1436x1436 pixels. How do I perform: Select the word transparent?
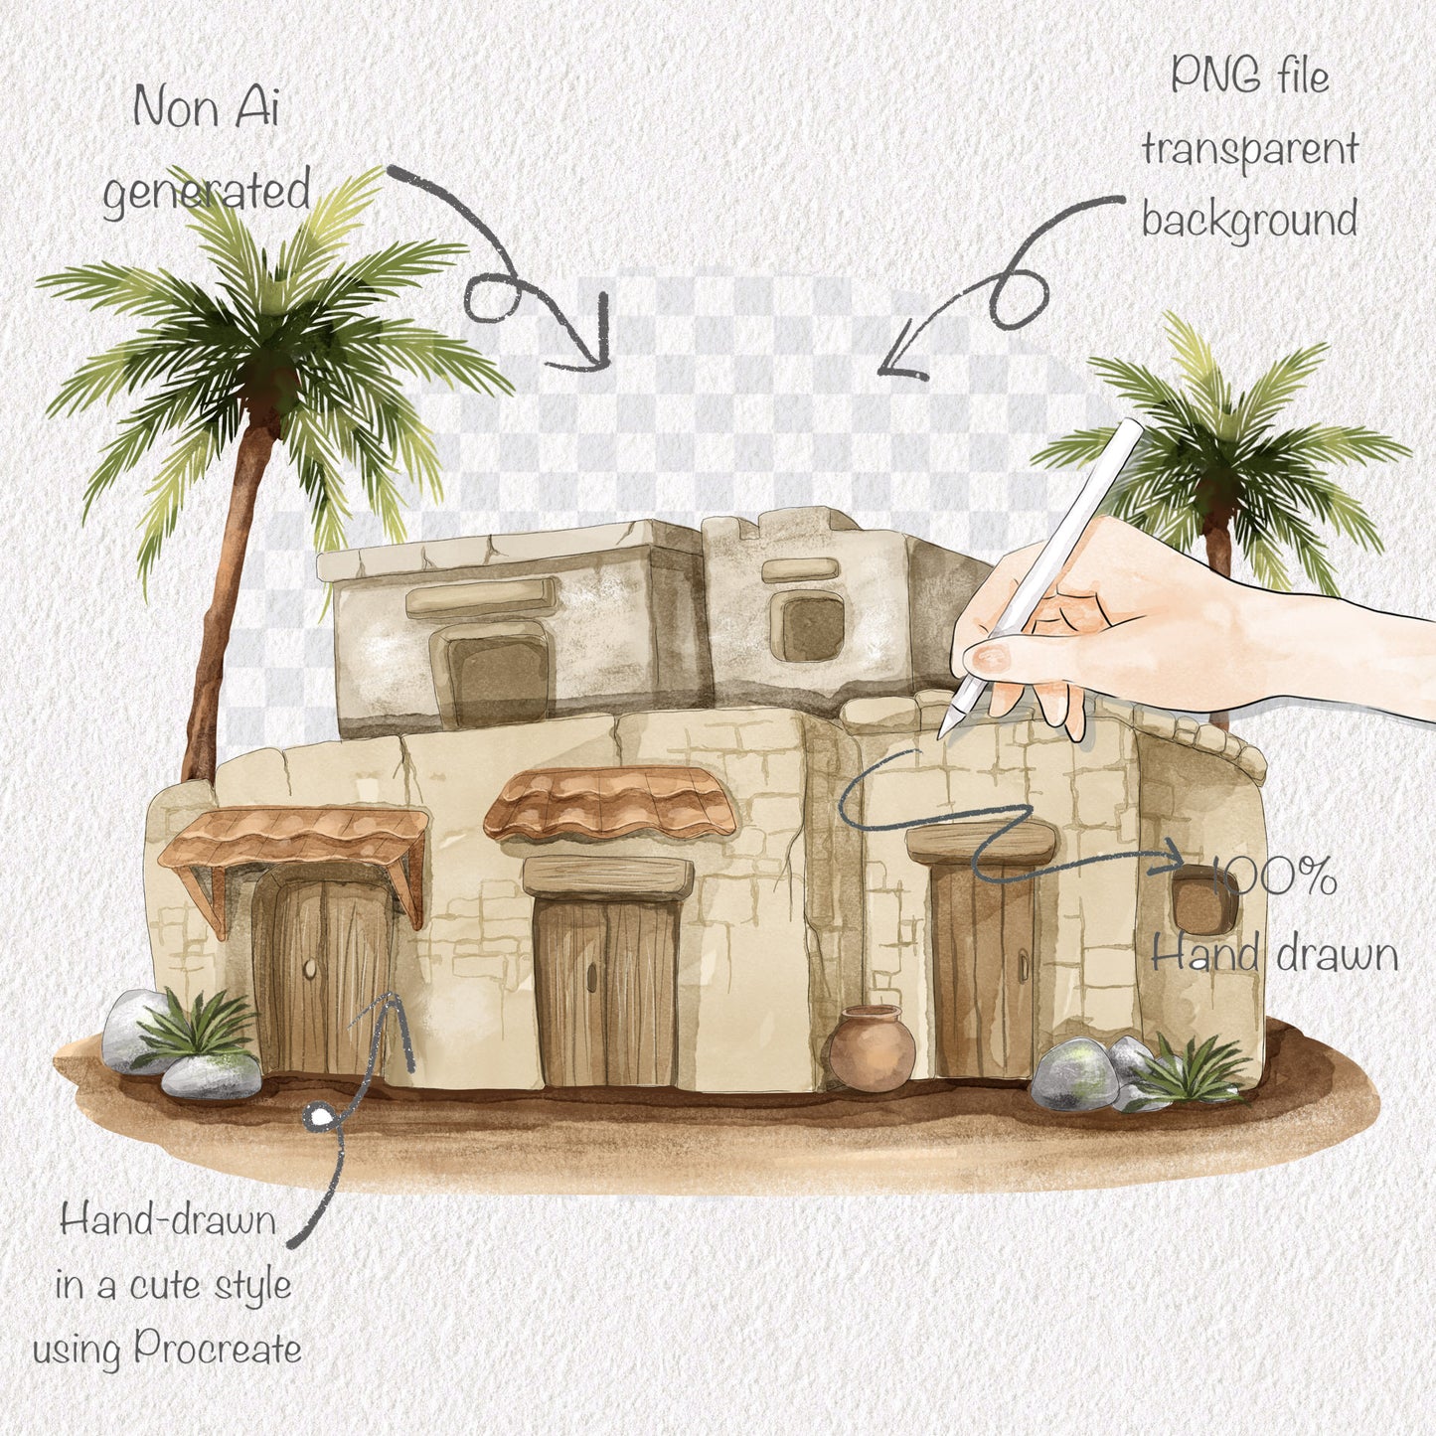[1249, 150]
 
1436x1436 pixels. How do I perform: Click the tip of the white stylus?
[943, 733]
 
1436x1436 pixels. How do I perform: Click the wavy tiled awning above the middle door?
[610, 802]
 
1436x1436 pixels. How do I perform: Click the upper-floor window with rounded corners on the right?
[807, 627]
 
